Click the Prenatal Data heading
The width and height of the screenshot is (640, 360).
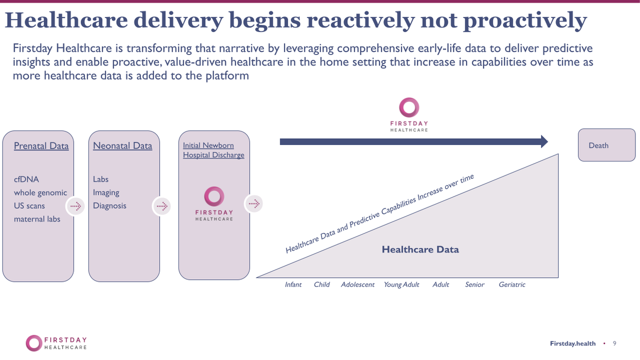pos(41,146)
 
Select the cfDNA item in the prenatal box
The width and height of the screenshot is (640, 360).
pos(26,179)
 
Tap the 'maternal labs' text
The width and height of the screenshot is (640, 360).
pos(37,219)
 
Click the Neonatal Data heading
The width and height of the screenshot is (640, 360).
pos(122,146)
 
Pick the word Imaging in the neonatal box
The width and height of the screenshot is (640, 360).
pos(106,192)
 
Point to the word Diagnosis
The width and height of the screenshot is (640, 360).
pos(110,206)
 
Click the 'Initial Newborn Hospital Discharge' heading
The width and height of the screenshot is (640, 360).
pos(214,150)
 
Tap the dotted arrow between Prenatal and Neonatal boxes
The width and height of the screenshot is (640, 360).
pos(76,206)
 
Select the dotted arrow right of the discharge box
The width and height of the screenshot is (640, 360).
pos(254,204)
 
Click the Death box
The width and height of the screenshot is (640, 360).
pos(607,145)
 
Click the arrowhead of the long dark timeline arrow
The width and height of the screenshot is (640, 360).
pos(544,141)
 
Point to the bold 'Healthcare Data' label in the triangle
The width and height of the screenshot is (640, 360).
pos(420,250)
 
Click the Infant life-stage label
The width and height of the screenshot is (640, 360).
pos(293,284)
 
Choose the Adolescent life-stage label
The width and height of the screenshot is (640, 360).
pos(358,284)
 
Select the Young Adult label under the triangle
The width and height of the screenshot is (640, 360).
pos(401,284)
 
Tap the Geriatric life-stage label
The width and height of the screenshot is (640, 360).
pos(512,284)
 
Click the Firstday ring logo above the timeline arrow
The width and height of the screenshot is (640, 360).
pos(409,107)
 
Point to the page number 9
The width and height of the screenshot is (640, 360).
pos(614,344)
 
